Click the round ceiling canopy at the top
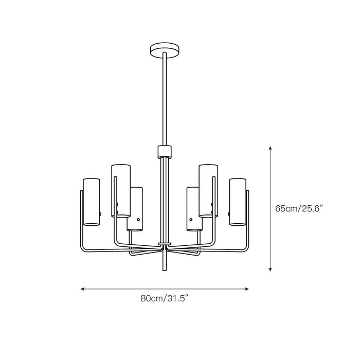click(x=165, y=50)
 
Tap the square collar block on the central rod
click(x=165, y=152)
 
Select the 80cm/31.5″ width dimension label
click(x=165, y=298)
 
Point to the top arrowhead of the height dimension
click(x=271, y=148)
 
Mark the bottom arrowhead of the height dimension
click(x=271, y=269)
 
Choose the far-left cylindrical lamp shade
click(x=92, y=202)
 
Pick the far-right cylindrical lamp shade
click(x=238, y=202)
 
